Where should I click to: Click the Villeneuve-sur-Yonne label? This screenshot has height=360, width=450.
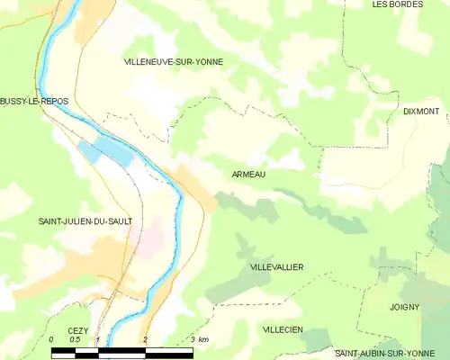click(x=173, y=61)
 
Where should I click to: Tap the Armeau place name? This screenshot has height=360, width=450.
click(x=247, y=175)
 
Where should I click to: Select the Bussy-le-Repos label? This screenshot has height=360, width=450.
click(x=34, y=101)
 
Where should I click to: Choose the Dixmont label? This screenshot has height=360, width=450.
click(x=421, y=112)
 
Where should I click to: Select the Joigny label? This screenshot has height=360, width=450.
click(x=404, y=307)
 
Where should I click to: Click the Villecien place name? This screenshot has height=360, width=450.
click(x=282, y=330)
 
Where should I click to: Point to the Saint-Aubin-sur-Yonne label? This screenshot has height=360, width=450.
click(x=386, y=354)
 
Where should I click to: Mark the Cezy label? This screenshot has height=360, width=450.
click(x=78, y=330)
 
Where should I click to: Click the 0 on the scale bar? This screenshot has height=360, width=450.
click(x=51, y=339)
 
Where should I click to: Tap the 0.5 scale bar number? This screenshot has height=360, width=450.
click(x=75, y=339)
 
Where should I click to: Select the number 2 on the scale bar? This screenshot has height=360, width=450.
click(x=145, y=339)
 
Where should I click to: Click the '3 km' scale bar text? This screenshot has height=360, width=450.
click(x=200, y=339)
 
